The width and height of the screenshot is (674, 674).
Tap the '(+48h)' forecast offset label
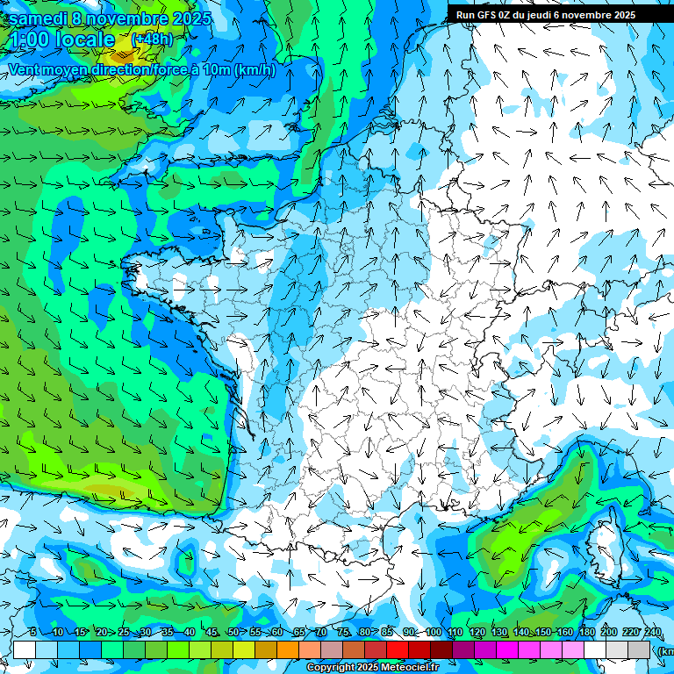click(152, 39)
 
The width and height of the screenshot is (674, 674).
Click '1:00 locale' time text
click(61, 39)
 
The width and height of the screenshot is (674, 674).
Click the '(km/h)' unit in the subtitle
click(255, 69)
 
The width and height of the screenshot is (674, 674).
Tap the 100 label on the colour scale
click(434, 633)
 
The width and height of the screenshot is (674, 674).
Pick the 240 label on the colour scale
click(652, 633)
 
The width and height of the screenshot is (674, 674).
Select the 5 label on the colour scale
click(32, 633)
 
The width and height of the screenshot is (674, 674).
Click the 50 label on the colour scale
click(233, 633)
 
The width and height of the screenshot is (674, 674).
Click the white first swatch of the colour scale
click(25, 649)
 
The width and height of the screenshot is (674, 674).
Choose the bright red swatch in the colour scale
click(398, 649)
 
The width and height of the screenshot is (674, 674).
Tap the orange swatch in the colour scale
click(288, 649)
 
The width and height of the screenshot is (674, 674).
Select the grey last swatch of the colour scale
click(639, 649)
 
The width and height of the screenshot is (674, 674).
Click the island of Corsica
click(606, 549)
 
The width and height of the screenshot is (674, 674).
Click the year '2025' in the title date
click(198, 18)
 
